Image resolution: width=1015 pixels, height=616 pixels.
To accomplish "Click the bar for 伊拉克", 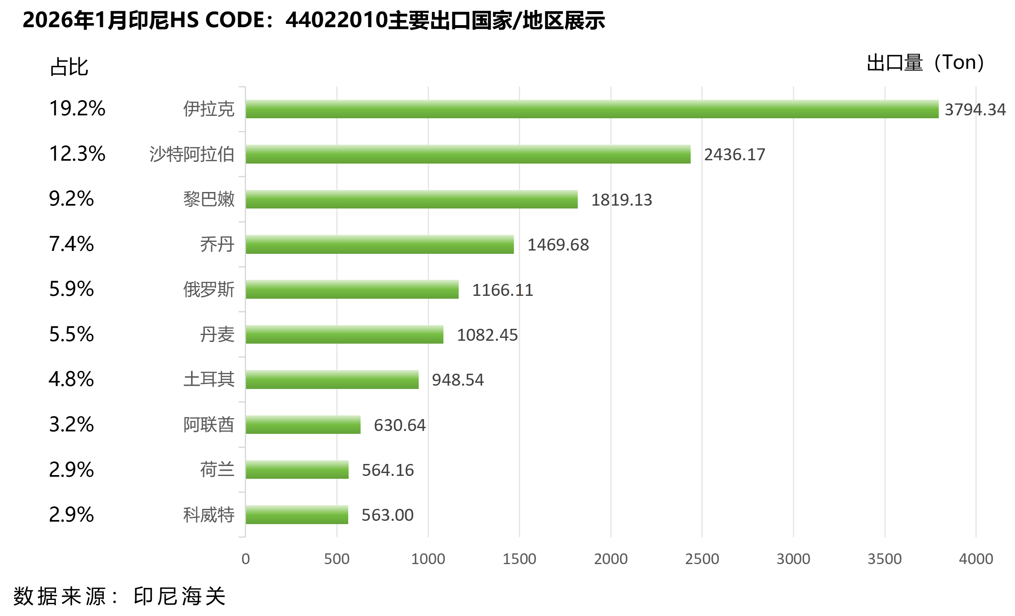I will [592, 109].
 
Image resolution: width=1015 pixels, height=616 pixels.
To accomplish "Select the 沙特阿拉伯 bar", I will [468, 154].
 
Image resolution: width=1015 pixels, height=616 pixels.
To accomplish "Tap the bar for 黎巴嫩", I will [411, 199].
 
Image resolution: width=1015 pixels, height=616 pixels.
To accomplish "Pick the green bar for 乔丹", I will [380, 244].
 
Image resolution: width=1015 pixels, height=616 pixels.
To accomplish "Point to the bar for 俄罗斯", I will [352, 289].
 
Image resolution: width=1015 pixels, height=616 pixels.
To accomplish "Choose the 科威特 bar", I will [297, 515].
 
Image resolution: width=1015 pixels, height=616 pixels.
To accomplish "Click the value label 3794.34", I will [975, 110].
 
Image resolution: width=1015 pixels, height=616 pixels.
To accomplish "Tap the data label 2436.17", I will [734, 155].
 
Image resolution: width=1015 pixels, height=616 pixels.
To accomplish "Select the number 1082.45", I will [487, 335].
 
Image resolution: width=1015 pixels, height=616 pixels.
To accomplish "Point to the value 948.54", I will [457, 380].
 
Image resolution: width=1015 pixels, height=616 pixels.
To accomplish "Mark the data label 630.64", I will [399, 425].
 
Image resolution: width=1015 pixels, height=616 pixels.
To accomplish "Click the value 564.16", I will [388, 470].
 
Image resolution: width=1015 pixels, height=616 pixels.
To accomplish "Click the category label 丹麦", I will [217, 335].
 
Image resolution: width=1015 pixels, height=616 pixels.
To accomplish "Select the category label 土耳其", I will [209, 379].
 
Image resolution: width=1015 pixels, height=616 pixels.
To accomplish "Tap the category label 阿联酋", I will [209, 425].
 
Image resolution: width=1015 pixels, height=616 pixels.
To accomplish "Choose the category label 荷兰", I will [217, 470].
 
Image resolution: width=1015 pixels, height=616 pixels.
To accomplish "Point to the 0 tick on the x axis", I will [246, 559].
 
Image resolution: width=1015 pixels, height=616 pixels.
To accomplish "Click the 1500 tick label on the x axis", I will [519, 559].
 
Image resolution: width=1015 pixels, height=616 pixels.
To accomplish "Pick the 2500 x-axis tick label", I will [702, 559].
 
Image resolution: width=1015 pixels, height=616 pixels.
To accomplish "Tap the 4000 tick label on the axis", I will [976, 559].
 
